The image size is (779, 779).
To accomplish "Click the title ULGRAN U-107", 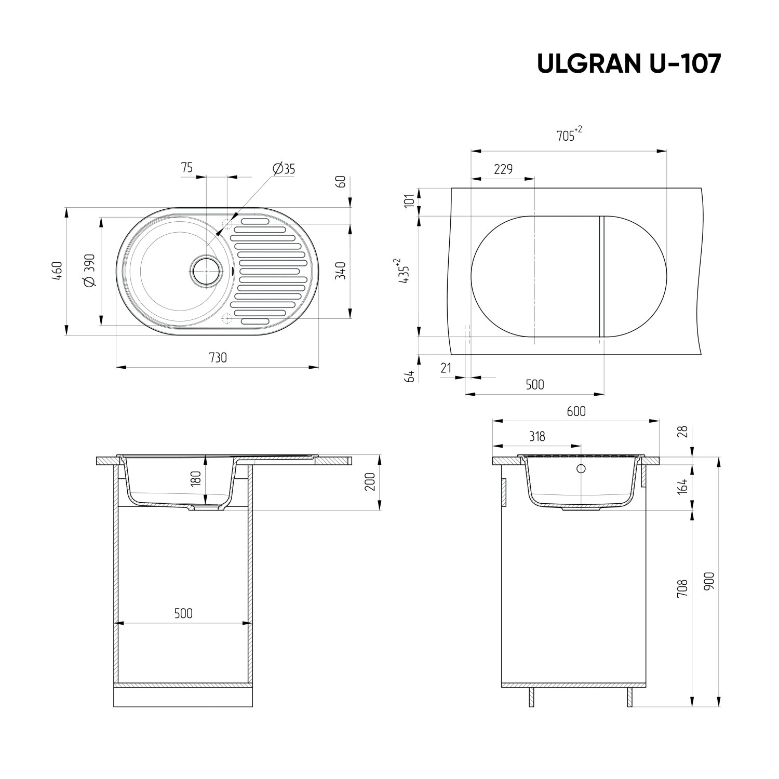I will pos(628,64).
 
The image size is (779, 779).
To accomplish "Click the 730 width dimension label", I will pos(218,358).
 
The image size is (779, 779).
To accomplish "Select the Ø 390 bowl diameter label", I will pos(89,270).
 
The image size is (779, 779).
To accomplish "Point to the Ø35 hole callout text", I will pos(283,168).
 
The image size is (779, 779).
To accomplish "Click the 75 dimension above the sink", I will pos(187,167).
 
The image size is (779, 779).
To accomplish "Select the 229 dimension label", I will pos(503,169).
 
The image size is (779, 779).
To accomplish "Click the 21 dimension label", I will pos(446,368).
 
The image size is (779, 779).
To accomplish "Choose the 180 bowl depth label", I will pos(196,478).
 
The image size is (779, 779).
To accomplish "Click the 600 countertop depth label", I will pos(576,411).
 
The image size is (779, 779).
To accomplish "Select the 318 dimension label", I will pos(537,436).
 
